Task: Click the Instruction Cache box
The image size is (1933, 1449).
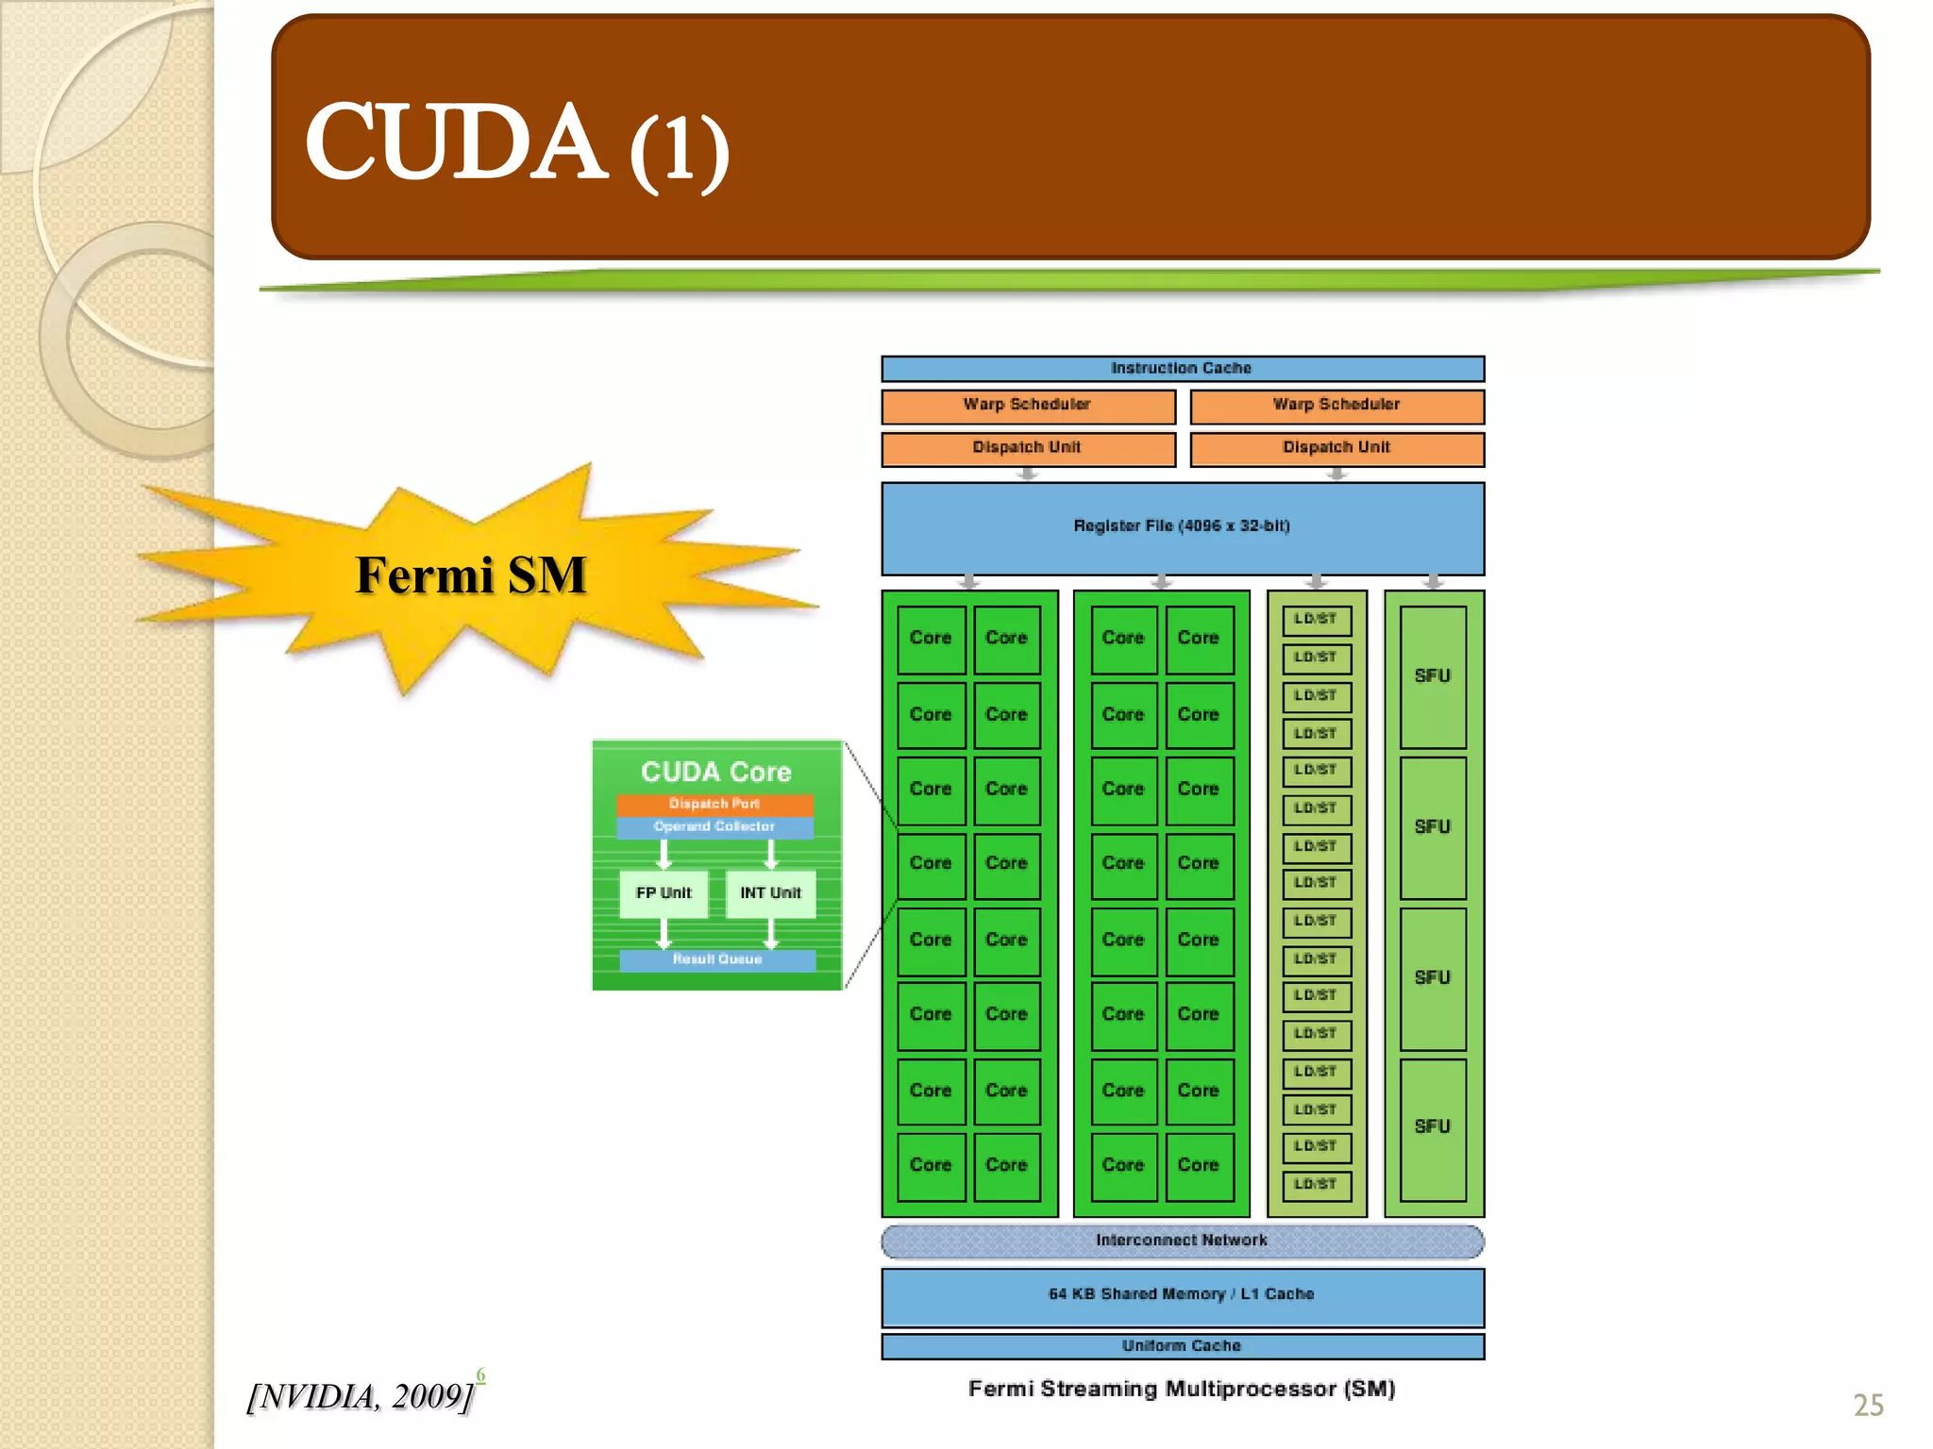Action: click(x=1182, y=368)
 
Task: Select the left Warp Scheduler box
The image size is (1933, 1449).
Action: click(x=1028, y=406)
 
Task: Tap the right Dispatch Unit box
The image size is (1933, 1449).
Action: click(x=1336, y=448)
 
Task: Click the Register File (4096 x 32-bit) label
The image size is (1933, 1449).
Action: click(x=1182, y=526)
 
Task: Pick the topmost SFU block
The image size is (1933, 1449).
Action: click(x=1432, y=676)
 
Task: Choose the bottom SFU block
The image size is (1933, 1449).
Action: click(x=1432, y=1128)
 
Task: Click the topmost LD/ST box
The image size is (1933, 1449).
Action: click(x=1316, y=620)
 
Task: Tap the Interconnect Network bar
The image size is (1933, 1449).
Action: click(x=1182, y=1241)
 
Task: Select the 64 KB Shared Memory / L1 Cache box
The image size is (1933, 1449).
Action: click(x=1182, y=1295)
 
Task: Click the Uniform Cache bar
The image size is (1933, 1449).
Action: click(x=1182, y=1346)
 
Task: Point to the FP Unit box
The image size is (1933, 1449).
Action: click(x=664, y=893)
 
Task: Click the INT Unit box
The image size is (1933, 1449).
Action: click(x=770, y=893)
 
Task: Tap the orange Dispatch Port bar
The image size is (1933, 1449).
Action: click(x=714, y=805)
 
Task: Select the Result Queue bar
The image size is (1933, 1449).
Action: click(x=717, y=960)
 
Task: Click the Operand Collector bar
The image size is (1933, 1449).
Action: click(x=714, y=827)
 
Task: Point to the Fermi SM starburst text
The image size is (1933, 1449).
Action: click(x=471, y=575)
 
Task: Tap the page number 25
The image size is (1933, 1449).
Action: click(x=1868, y=1406)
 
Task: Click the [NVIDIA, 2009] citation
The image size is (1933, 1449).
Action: click(x=361, y=1397)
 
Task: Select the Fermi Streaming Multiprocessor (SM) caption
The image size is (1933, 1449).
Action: click(x=1182, y=1390)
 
